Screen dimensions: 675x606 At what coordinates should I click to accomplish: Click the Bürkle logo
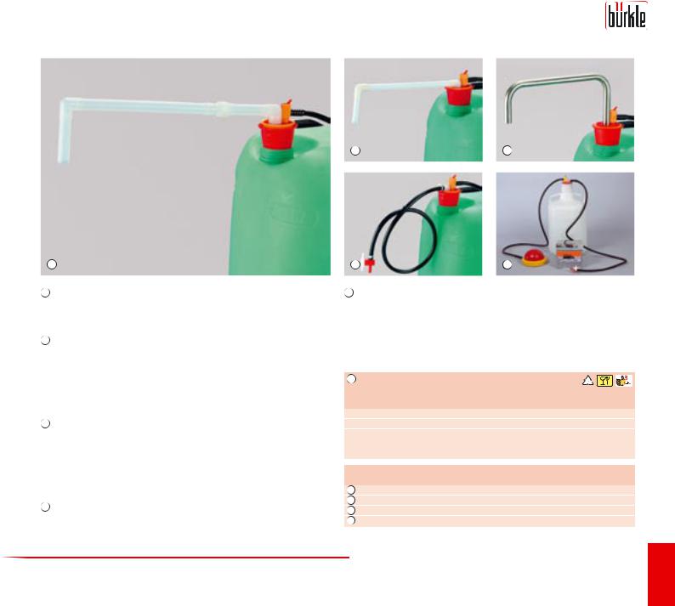(626, 16)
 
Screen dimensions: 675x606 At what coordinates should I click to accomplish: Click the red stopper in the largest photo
(278, 133)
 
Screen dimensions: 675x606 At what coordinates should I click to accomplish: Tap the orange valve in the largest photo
(286, 110)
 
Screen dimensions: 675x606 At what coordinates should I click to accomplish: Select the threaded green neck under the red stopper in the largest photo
(277, 155)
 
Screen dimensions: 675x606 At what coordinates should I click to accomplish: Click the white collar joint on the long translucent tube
(221, 109)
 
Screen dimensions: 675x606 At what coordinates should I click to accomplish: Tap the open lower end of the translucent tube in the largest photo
(64, 160)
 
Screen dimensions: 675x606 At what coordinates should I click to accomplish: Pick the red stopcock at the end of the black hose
(369, 264)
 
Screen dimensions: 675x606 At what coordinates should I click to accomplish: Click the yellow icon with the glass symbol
(604, 381)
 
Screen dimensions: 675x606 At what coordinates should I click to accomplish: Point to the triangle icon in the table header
(587, 381)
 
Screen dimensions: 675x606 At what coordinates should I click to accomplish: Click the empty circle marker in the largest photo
(52, 264)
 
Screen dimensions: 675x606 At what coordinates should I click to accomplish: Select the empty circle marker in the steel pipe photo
(508, 150)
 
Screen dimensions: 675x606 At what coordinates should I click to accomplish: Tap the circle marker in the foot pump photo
(508, 264)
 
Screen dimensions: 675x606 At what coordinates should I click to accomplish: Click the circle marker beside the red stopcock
(355, 264)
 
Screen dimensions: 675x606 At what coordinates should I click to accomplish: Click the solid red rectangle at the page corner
(661, 575)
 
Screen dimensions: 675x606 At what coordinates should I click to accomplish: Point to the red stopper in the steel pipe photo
(607, 133)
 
